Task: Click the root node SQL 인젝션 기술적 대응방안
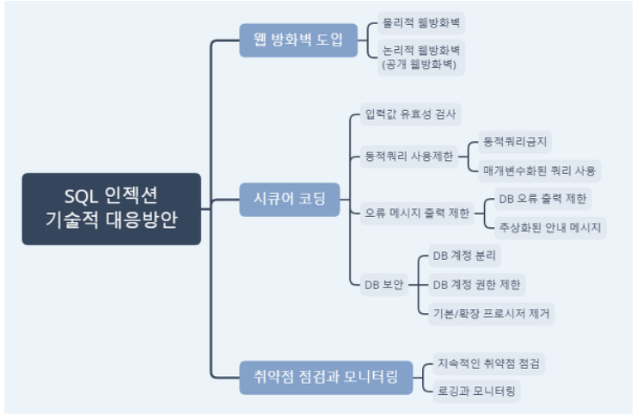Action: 112,208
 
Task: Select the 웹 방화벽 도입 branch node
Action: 292,40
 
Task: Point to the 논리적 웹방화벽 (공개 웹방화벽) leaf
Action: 421,57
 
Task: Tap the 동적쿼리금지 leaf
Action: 516,140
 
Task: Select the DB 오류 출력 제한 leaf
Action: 542,199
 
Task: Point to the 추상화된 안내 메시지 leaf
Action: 551,227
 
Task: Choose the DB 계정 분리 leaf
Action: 464,256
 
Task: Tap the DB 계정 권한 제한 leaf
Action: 478,284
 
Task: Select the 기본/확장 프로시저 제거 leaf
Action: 492,312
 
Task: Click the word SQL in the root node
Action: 82,195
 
